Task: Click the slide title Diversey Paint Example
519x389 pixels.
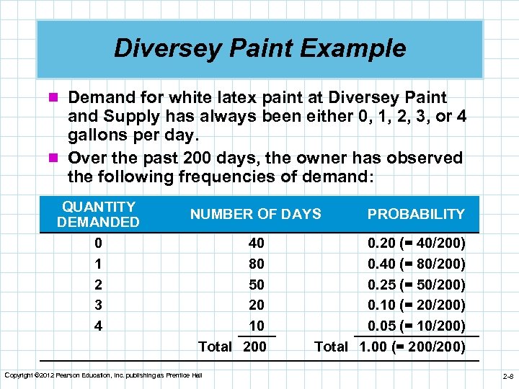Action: click(x=259, y=48)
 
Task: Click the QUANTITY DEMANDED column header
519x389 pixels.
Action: click(x=98, y=214)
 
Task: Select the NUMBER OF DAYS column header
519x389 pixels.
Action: click(x=255, y=214)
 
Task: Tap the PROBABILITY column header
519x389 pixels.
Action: click(x=416, y=214)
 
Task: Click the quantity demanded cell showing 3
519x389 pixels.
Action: click(x=98, y=305)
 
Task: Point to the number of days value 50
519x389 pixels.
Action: click(x=255, y=285)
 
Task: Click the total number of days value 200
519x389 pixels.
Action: click(x=254, y=346)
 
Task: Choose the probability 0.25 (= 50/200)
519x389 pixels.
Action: click(x=416, y=285)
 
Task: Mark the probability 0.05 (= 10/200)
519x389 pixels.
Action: click(x=416, y=325)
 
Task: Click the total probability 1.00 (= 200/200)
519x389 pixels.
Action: click(x=412, y=346)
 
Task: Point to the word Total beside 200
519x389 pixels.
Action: click(x=215, y=346)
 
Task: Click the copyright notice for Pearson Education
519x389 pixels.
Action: click(x=103, y=374)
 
